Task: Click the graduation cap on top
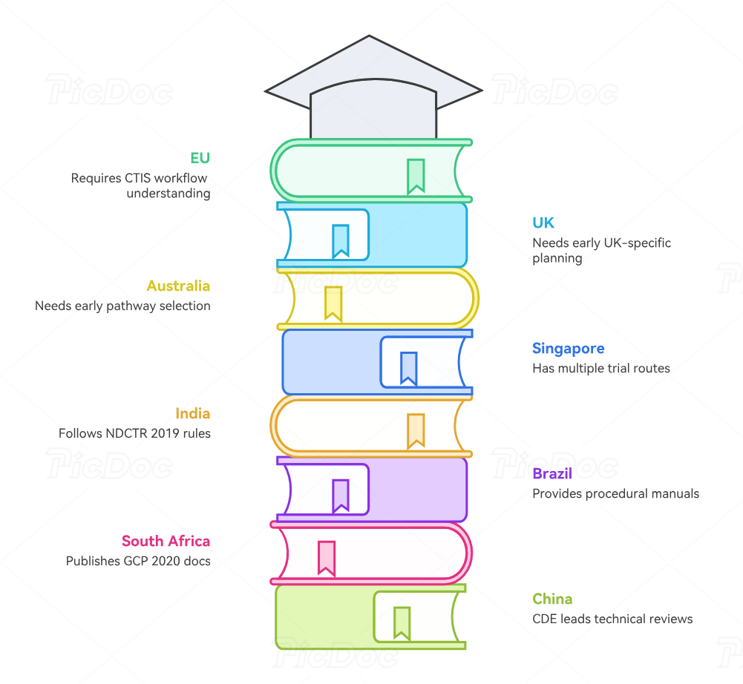[373, 93]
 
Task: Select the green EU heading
[200, 158]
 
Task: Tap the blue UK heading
[543, 223]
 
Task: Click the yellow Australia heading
[178, 286]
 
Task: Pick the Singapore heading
[568, 349]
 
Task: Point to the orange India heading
[193, 413]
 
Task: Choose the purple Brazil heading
[552, 473]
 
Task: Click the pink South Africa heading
[166, 541]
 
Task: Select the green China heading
[552, 599]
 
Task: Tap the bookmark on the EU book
[416, 176]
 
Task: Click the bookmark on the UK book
[341, 240]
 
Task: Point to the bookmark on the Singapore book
[408, 367]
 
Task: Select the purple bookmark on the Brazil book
[341, 495]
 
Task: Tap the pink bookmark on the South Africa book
[326, 557]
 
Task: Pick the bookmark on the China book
[402, 622]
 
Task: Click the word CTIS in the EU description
[137, 178]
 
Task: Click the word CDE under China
[545, 619]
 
